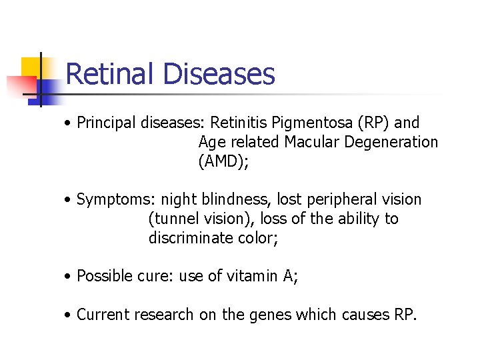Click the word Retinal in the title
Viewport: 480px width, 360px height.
111,73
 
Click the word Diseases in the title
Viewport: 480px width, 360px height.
219,73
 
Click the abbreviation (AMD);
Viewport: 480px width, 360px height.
223,161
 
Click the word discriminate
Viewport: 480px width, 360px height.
190,238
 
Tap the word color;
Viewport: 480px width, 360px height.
257,238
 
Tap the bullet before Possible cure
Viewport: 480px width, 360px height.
69,276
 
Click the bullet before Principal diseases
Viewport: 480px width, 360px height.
69,123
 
